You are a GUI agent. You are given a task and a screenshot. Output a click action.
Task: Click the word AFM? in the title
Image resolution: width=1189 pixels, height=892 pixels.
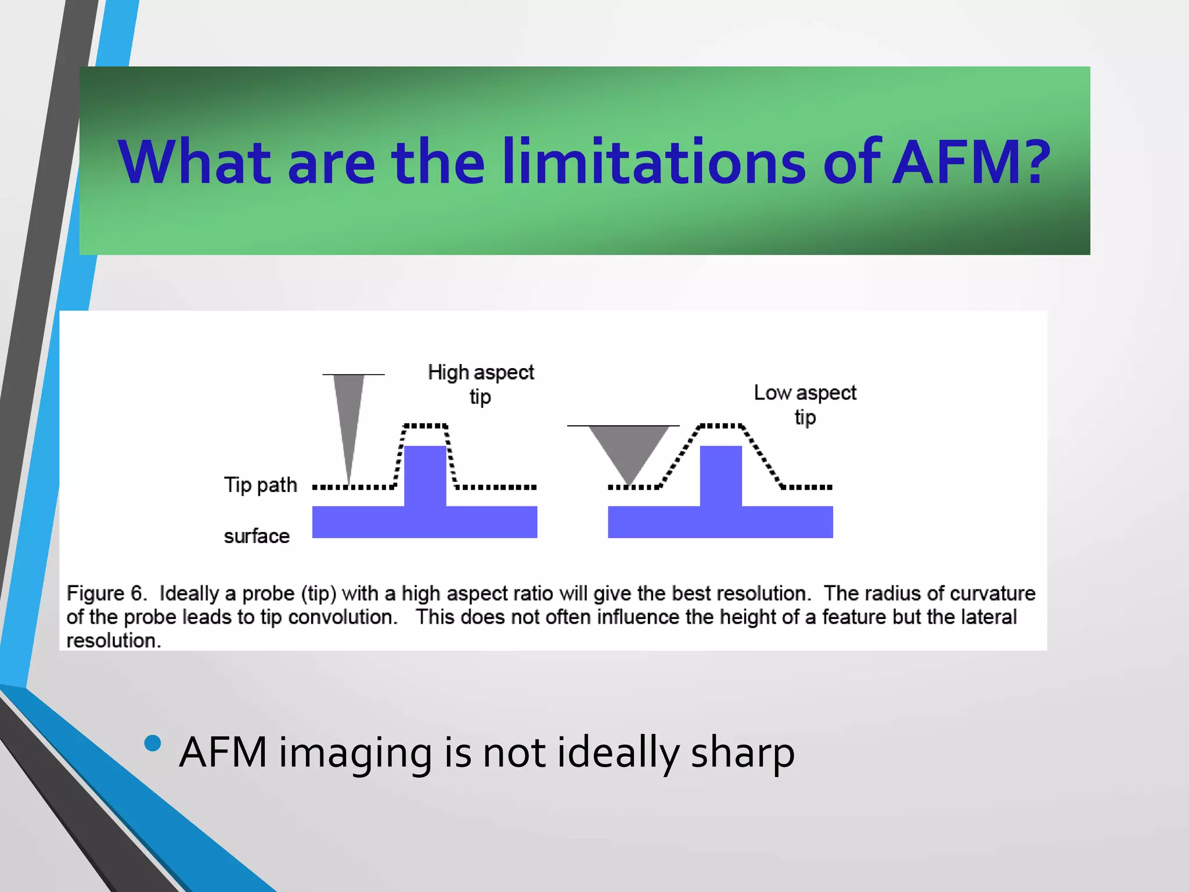971,162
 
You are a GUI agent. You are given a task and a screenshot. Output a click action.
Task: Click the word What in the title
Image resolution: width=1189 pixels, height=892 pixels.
195,162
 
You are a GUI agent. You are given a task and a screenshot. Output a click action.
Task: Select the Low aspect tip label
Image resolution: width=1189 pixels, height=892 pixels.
805,405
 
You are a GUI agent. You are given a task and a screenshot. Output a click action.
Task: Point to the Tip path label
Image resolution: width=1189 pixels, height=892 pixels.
261,485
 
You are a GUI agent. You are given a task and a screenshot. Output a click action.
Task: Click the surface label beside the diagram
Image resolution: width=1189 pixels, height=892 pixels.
257,536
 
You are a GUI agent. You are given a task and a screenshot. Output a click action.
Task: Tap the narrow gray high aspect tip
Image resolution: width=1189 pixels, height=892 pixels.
349,418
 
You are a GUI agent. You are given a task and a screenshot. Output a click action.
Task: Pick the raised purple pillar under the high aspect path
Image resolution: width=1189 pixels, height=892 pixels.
425,476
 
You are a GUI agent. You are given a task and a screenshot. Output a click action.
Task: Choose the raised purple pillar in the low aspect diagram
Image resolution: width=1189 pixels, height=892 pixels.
720,476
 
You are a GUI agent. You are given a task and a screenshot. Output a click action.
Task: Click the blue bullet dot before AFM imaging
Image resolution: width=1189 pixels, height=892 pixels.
153,744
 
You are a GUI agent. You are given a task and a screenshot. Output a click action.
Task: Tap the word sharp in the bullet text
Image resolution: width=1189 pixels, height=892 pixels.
743,753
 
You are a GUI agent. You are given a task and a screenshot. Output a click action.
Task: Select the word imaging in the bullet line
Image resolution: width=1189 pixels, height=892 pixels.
355,753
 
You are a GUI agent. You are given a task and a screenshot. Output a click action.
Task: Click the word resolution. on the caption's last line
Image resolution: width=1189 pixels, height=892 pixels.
113,641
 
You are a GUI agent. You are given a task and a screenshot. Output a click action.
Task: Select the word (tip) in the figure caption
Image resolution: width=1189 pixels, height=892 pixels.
319,594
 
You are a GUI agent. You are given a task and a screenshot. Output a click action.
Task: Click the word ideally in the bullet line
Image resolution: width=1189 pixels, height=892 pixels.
618,753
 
